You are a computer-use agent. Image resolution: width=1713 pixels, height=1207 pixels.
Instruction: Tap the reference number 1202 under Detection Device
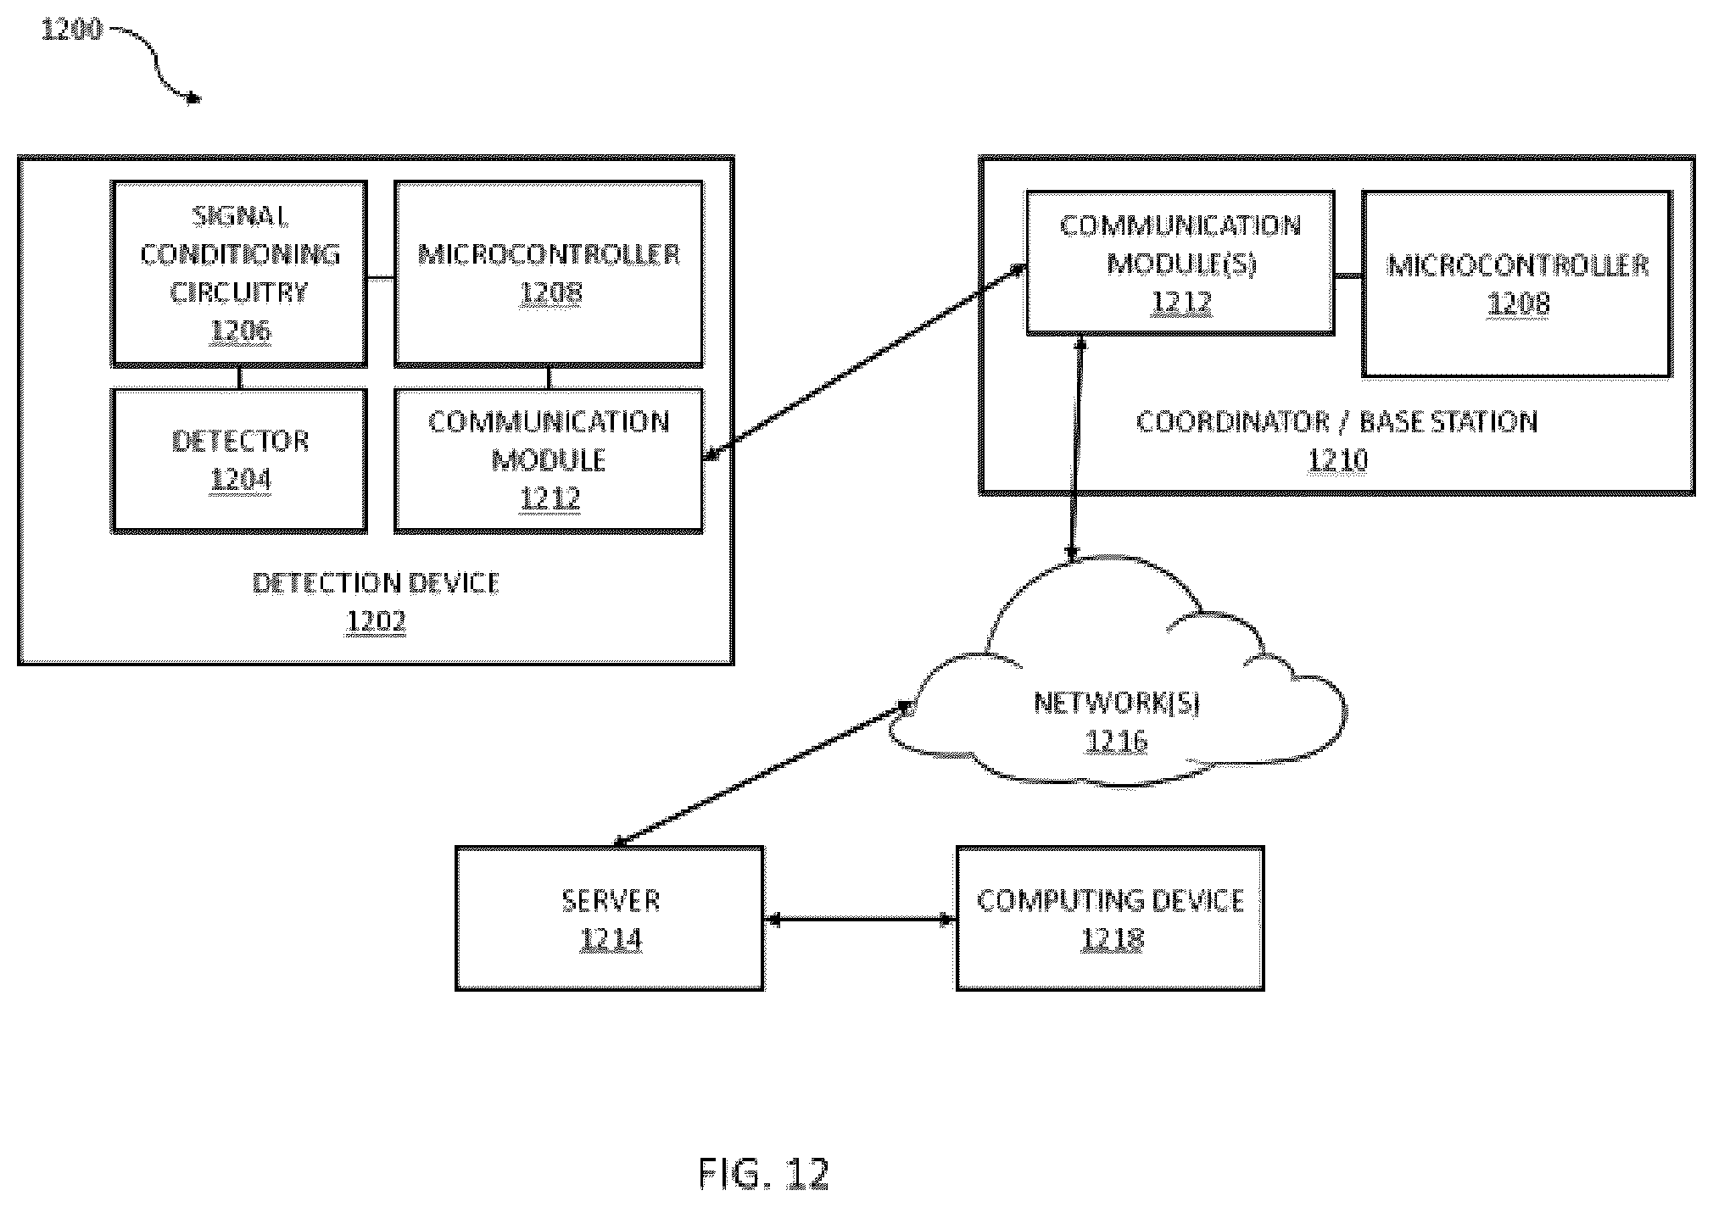(x=376, y=621)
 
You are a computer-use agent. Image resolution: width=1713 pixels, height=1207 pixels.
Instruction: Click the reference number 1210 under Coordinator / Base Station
(x=1337, y=460)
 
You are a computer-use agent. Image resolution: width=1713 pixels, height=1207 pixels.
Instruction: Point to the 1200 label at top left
(x=71, y=31)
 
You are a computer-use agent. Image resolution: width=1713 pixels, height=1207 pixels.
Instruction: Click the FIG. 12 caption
(x=763, y=1174)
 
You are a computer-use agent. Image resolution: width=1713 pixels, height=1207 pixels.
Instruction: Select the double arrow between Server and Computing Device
(x=860, y=919)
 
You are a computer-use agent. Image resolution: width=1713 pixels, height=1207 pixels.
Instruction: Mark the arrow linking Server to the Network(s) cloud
(x=762, y=773)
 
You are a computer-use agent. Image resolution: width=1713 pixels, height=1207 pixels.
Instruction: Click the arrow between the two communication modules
(x=865, y=364)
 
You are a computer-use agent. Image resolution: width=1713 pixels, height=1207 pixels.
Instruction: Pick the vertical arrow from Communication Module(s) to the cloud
(x=1076, y=448)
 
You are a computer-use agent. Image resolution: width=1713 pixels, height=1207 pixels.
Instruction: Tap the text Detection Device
(x=376, y=583)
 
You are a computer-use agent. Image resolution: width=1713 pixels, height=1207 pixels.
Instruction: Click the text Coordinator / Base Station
(x=1336, y=422)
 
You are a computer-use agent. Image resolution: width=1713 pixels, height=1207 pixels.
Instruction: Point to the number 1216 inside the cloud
(x=1116, y=742)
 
